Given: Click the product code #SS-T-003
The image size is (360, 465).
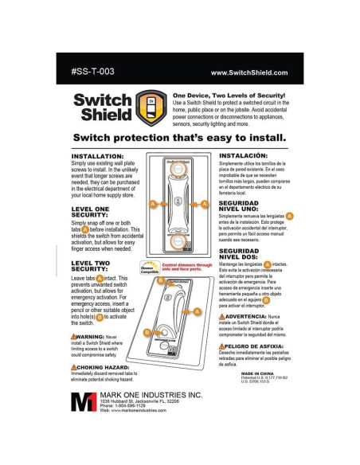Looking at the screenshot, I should point(93,71).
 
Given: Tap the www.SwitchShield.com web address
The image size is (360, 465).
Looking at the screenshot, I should point(248,72).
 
